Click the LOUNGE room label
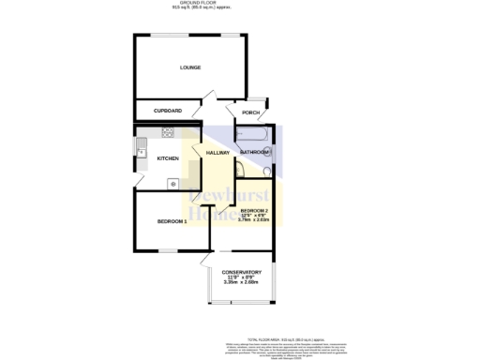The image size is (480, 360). click(190, 67)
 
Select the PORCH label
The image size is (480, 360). click(251, 112)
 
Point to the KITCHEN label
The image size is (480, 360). click(168, 158)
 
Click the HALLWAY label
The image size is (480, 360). click(217, 153)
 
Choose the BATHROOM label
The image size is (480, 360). click(254, 152)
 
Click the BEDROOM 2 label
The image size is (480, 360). click(254, 209)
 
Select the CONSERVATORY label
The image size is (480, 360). click(242, 272)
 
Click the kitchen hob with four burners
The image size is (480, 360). click(170, 132)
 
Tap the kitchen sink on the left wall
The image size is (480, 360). click(142, 147)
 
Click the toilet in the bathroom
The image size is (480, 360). click(269, 171)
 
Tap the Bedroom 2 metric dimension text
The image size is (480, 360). click(254, 220)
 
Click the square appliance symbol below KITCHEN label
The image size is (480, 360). click(172, 183)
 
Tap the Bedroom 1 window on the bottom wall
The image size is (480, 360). click(169, 251)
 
